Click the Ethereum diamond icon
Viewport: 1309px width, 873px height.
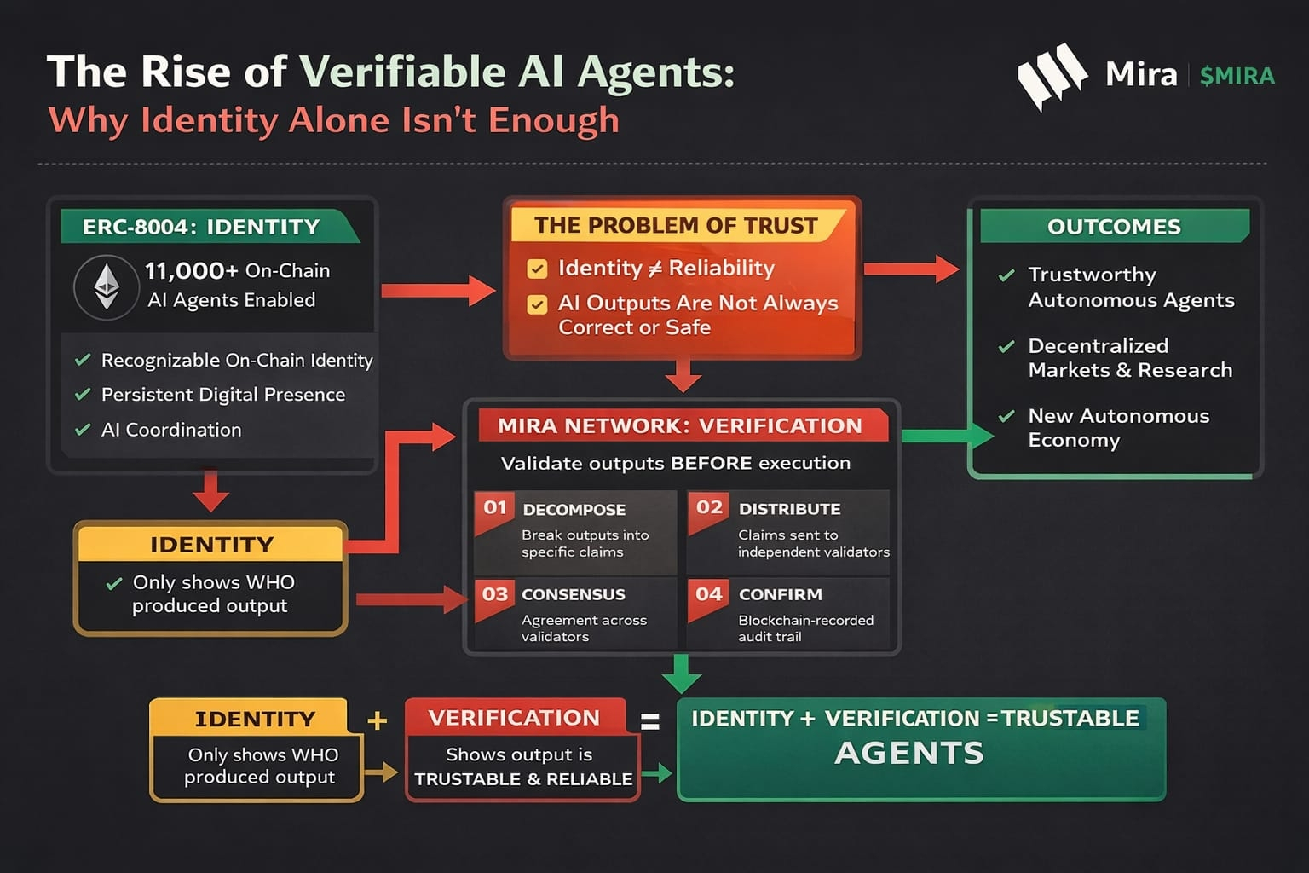coord(107,286)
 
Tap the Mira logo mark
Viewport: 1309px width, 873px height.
coord(1052,75)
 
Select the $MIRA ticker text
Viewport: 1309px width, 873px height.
coord(1237,76)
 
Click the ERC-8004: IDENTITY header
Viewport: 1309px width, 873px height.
coord(202,227)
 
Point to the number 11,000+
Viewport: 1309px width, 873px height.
coord(191,271)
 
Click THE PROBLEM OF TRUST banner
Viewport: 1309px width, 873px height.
coord(676,225)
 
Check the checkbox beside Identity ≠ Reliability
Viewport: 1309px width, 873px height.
coord(537,269)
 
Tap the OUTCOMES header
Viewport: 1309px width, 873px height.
coord(1114,227)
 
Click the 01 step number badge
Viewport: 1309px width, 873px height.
coord(495,508)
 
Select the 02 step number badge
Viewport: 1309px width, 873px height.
coord(709,508)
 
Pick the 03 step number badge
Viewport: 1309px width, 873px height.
coord(495,594)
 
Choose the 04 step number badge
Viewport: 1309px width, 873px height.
coord(709,594)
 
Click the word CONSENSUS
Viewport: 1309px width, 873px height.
coord(574,594)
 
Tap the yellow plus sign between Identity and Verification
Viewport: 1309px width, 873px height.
coord(377,721)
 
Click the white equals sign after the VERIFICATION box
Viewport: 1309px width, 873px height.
coord(650,722)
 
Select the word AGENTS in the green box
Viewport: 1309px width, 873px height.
coord(909,754)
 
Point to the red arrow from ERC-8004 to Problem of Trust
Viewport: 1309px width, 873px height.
coord(438,291)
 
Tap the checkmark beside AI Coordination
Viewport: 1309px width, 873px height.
coord(83,430)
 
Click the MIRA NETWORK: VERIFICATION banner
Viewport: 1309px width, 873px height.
coord(680,425)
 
